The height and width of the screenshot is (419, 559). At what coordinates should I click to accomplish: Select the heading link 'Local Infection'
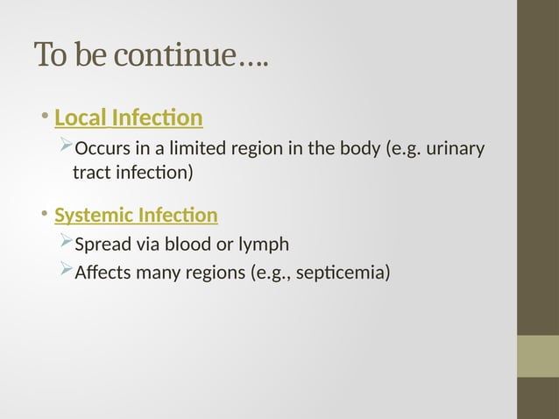(x=128, y=117)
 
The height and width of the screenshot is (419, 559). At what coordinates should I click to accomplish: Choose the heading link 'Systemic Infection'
(x=136, y=215)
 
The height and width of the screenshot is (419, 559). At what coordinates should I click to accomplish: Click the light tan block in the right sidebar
(x=538, y=356)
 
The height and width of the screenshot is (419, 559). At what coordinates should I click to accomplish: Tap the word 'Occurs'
(x=103, y=146)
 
